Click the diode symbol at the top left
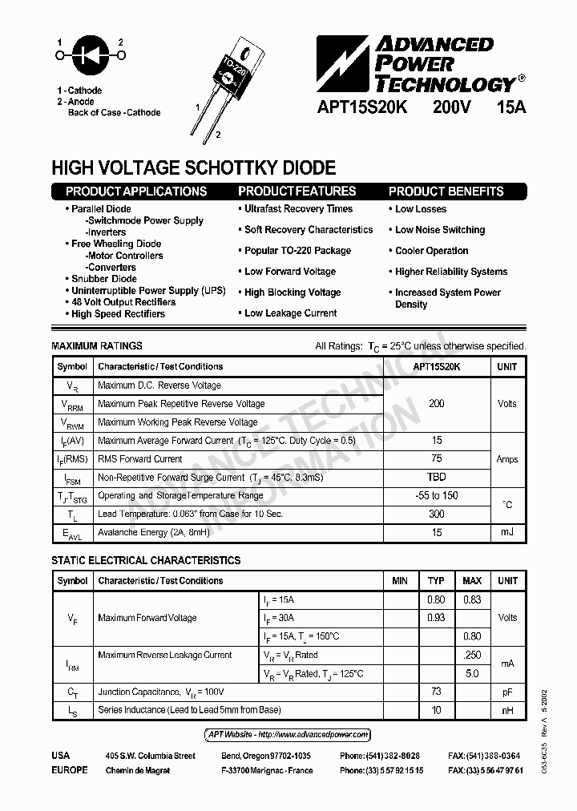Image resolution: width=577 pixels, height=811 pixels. (89, 55)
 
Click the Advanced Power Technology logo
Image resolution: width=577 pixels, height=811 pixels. (420, 65)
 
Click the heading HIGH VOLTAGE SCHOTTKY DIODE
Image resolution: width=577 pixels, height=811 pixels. (193, 168)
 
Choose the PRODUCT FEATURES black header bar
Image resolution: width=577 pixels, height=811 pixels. (297, 192)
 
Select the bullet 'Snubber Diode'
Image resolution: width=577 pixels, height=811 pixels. (103, 279)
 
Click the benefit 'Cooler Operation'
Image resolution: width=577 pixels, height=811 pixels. (431, 251)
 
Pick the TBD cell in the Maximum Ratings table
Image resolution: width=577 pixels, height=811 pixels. (436, 477)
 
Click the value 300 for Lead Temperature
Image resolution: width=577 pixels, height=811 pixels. (436, 514)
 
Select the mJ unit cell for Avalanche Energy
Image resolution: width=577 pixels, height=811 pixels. (507, 532)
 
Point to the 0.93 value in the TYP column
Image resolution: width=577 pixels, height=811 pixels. (437, 618)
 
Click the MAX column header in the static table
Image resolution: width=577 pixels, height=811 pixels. (473, 580)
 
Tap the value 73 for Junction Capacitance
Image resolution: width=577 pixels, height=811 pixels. (437, 691)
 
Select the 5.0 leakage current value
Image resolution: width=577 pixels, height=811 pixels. (473, 673)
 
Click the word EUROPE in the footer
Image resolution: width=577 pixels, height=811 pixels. (70, 770)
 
